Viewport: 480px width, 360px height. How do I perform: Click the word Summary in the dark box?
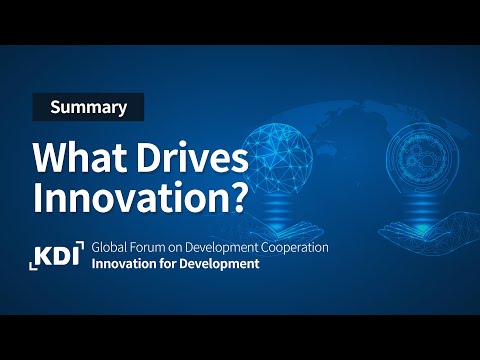(x=88, y=106)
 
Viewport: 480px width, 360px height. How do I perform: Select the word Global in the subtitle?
(x=108, y=246)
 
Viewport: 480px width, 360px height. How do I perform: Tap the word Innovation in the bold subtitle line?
(x=122, y=264)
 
